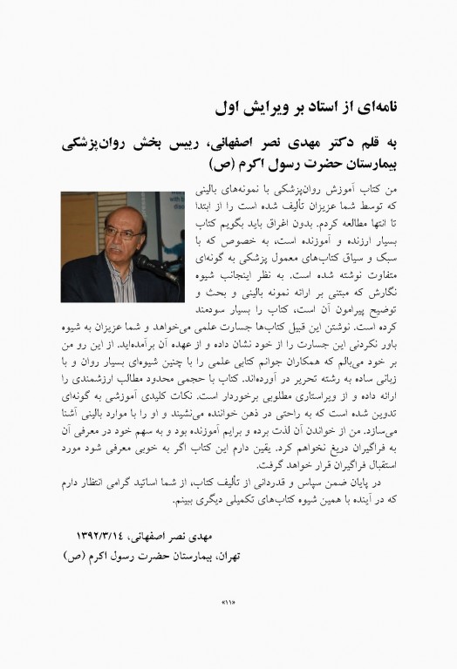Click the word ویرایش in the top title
pos(262,109)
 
